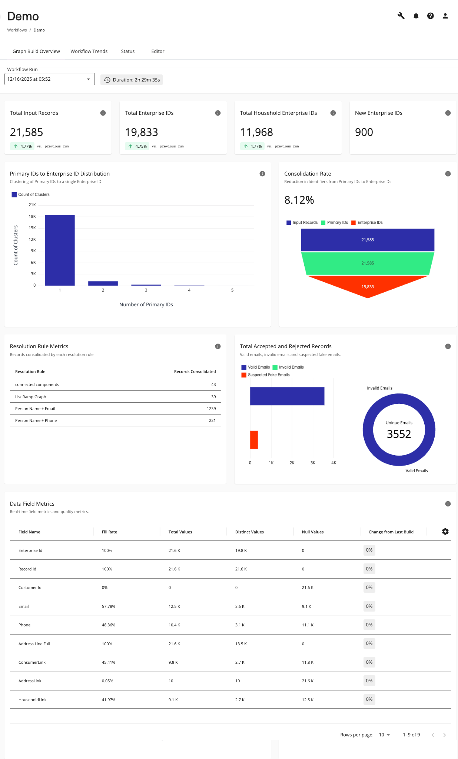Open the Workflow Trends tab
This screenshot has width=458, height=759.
tap(89, 51)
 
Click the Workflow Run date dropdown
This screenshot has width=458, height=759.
tap(49, 79)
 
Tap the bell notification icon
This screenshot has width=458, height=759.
tap(416, 16)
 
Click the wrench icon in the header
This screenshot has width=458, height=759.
tap(401, 16)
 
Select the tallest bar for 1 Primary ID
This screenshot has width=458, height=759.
tap(60, 250)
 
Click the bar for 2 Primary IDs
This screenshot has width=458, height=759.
tap(103, 283)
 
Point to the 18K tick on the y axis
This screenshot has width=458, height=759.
tap(32, 216)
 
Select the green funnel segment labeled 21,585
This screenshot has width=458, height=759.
tap(368, 263)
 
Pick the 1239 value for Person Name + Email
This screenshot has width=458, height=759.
tap(211, 409)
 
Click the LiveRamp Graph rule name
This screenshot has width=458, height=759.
tap(30, 397)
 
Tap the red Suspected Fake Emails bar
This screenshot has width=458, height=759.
tap(254, 440)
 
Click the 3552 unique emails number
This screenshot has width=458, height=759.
tap(399, 434)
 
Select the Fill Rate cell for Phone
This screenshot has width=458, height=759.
tap(109, 625)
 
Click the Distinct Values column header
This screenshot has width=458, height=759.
tap(249, 532)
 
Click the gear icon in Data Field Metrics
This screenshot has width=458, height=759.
tap(445, 532)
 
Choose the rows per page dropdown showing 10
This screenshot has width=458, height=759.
tap(384, 735)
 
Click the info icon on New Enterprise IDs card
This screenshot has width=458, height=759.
tap(448, 113)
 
